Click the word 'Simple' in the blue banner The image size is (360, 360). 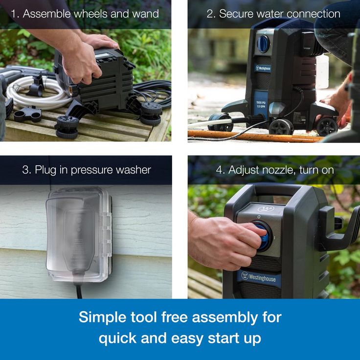pos(102,317)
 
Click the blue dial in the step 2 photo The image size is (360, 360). pos(263,44)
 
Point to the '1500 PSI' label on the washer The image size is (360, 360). pos(261,103)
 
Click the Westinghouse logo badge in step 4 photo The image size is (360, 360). pos(259,277)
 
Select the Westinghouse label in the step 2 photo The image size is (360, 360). pos(263,68)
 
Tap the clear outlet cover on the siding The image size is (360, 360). pos(79,235)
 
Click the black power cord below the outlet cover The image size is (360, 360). pos(79,291)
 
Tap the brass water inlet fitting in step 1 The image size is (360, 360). pos(71,90)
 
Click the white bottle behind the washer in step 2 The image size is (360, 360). pos(322,71)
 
